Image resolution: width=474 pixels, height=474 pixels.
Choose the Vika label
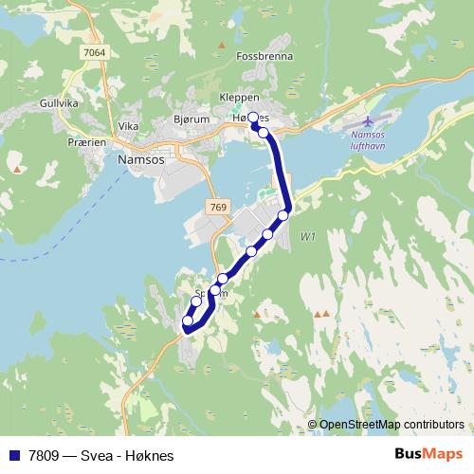129,126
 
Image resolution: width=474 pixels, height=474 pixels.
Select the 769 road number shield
217,205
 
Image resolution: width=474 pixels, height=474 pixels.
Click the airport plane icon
369,121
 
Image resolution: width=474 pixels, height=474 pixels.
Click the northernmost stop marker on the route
254,118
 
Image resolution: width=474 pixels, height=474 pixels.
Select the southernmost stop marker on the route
188,321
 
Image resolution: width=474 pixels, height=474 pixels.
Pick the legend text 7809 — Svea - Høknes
94,456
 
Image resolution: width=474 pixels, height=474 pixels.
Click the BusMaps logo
428,455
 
